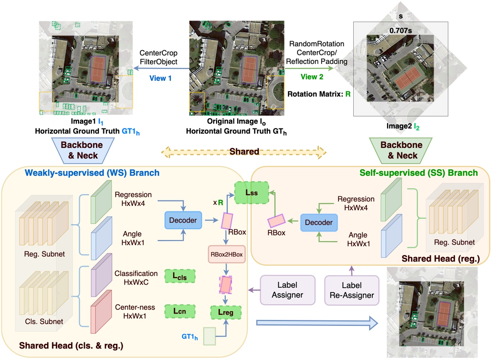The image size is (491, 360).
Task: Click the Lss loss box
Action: [251, 193]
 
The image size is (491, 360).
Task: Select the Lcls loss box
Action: [180, 276]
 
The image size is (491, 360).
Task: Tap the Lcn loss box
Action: [180, 311]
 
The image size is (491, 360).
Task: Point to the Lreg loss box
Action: [225, 312]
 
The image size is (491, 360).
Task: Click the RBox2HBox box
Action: [226, 254]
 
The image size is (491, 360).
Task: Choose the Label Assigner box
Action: [287, 290]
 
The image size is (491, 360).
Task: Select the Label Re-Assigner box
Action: [352, 290]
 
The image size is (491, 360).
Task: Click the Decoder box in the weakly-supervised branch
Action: [183, 220]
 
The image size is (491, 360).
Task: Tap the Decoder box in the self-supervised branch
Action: [318, 222]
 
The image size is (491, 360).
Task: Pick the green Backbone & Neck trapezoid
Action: [401, 150]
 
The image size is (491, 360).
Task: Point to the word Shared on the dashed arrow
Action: [244, 152]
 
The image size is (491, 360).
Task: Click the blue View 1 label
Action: [160, 78]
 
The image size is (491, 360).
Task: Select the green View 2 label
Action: [312, 77]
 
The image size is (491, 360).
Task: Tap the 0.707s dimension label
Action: [400, 31]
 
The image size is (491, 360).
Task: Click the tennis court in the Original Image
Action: [249, 69]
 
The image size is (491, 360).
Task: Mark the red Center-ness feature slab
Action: [101, 312]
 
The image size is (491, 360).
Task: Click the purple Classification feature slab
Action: [101, 275]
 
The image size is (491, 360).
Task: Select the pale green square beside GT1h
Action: [209, 336]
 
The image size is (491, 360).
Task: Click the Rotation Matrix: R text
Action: [319, 94]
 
